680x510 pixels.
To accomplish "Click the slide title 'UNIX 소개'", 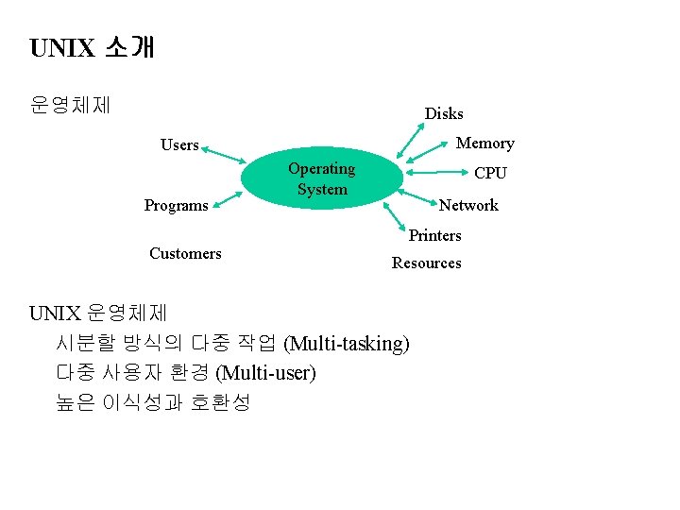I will (x=92, y=47).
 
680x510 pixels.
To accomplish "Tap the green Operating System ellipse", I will (x=321, y=179).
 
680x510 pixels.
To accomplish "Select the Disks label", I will (x=443, y=113).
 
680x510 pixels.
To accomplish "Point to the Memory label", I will (x=484, y=144).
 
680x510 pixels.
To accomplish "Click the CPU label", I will (x=490, y=174).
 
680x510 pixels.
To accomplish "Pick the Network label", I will (x=468, y=205).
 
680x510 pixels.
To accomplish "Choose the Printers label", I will (x=434, y=235).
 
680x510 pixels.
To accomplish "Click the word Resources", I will (x=426, y=263).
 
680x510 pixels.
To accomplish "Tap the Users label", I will (x=179, y=145).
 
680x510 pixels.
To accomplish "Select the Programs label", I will (x=176, y=206).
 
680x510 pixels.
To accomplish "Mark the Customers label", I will (x=185, y=253).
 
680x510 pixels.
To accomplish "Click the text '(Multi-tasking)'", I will (x=347, y=343).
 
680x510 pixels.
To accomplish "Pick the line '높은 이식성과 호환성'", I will (x=153, y=402).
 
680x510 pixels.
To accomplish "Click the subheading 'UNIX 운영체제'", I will (x=98, y=313).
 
